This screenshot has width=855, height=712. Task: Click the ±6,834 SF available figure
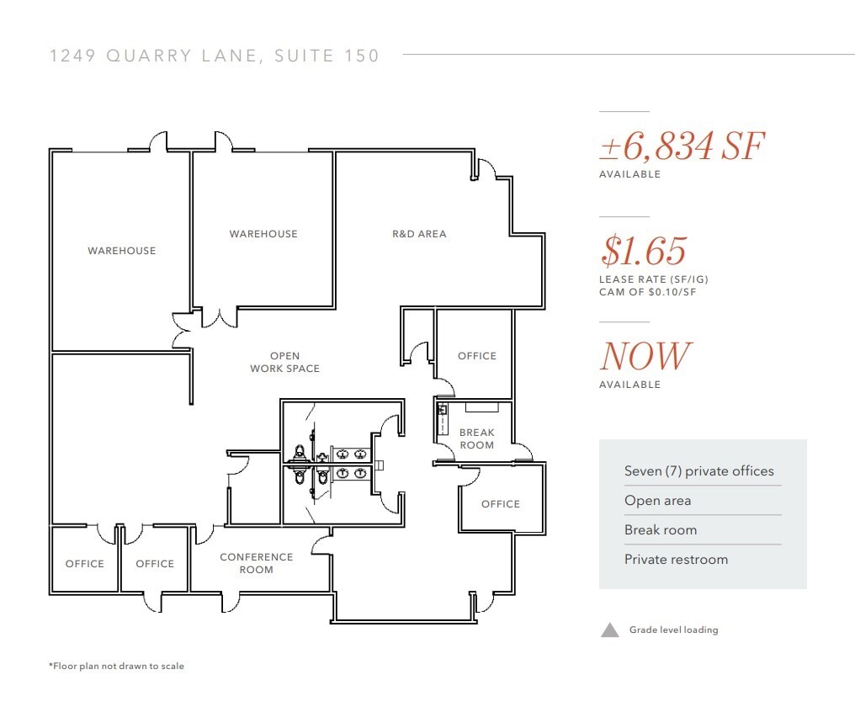pyautogui.click(x=682, y=147)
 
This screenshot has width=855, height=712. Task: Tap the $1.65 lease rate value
pyautogui.click(x=644, y=251)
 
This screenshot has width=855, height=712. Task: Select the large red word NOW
pyautogui.click(x=645, y=356)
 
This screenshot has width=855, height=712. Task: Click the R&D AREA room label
pyautogui.click(x=419, y=234)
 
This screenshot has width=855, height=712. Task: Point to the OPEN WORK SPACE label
pyautogui.click(x=284, y=362)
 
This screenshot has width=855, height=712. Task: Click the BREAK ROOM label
pyautogui.click(x=477, y=438)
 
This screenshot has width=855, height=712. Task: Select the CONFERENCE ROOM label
pyautogui.click(x=257, y=563)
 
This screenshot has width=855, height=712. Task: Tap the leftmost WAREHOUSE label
pyautogui.click(x=122, y=251)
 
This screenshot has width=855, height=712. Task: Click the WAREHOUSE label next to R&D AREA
pyautogui.click(x=263, y=234)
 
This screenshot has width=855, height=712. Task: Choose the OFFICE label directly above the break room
pyautogui.click(x=477, y=356)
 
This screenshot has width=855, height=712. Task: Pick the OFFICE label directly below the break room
pyautogui.click(x=501, y=504)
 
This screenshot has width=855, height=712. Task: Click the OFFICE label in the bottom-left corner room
pyautogui.click(x=85, y=564)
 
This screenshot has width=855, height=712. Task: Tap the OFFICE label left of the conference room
pyautogui.click(x=155, y=564)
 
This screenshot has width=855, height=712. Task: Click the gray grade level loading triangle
pyautogui.click(x=610, y=630)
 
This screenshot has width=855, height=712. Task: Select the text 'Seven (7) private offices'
pyautogui.click(x=698, y=471)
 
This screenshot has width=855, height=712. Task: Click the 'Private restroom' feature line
pyautogui.click(x=676, y=560)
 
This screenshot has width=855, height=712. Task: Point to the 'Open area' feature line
pyautogui.click(x=657, y=501)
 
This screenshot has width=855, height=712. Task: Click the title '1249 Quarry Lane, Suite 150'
pyautogui.click(x=215, y=56)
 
